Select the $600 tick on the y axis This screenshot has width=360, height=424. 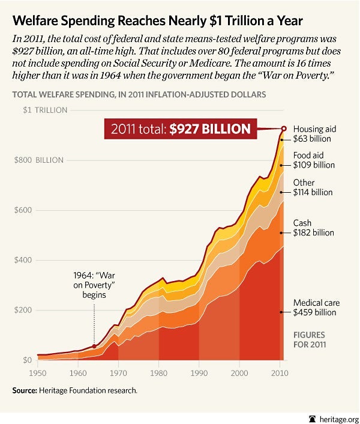pos(22,210)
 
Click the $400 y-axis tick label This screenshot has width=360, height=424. pos(22,260)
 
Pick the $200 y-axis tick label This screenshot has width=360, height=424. pos(22,310)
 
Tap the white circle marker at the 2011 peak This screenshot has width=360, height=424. pos(284,128)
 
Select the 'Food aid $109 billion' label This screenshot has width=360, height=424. pos(314,160)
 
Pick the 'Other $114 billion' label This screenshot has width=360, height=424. pos(313,187)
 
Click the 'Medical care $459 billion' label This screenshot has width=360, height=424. pos(314,307)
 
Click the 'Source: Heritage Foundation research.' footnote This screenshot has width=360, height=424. pos(75,390)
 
